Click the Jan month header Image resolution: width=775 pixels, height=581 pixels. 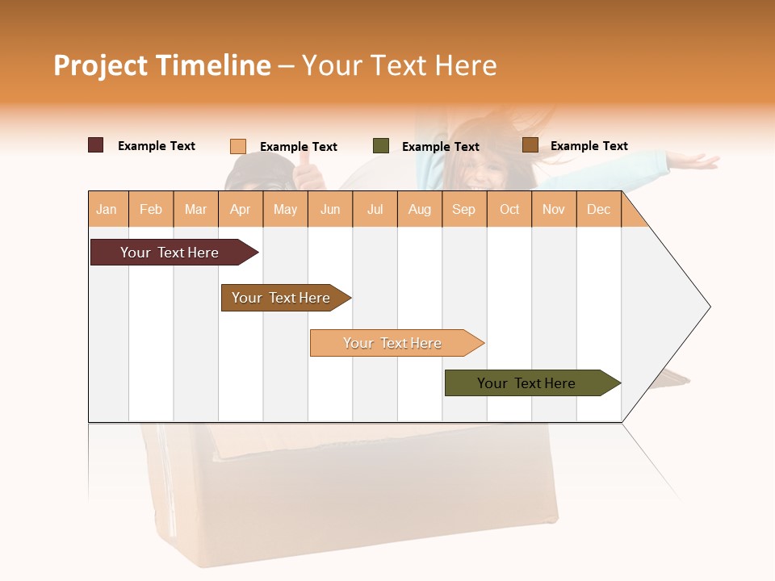(x=107, y=209)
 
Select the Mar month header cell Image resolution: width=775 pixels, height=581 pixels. (x=195, y=209)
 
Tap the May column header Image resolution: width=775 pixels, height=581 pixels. (x=285, y=209)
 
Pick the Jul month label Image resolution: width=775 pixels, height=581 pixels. (x=375, y=209)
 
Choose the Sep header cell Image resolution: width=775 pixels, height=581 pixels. (x=463, y=209)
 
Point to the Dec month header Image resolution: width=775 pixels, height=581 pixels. (x=598, y=209)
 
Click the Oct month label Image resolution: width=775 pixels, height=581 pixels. (x=509, y=209)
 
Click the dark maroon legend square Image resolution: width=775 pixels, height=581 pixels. (x=96, y=145)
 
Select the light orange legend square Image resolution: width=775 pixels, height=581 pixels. (x=238, y=146)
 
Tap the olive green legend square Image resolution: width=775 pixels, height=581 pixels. (x=381, y=146)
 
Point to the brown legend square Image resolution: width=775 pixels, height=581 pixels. (x=530, y=145)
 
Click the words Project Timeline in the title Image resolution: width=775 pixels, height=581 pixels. (x=162, y=65)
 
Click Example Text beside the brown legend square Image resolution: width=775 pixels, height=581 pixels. (x=589, y=146)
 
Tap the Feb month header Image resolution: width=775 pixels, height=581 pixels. (x=151, y=209)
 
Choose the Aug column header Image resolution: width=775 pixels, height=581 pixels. (x=419, y=209)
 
